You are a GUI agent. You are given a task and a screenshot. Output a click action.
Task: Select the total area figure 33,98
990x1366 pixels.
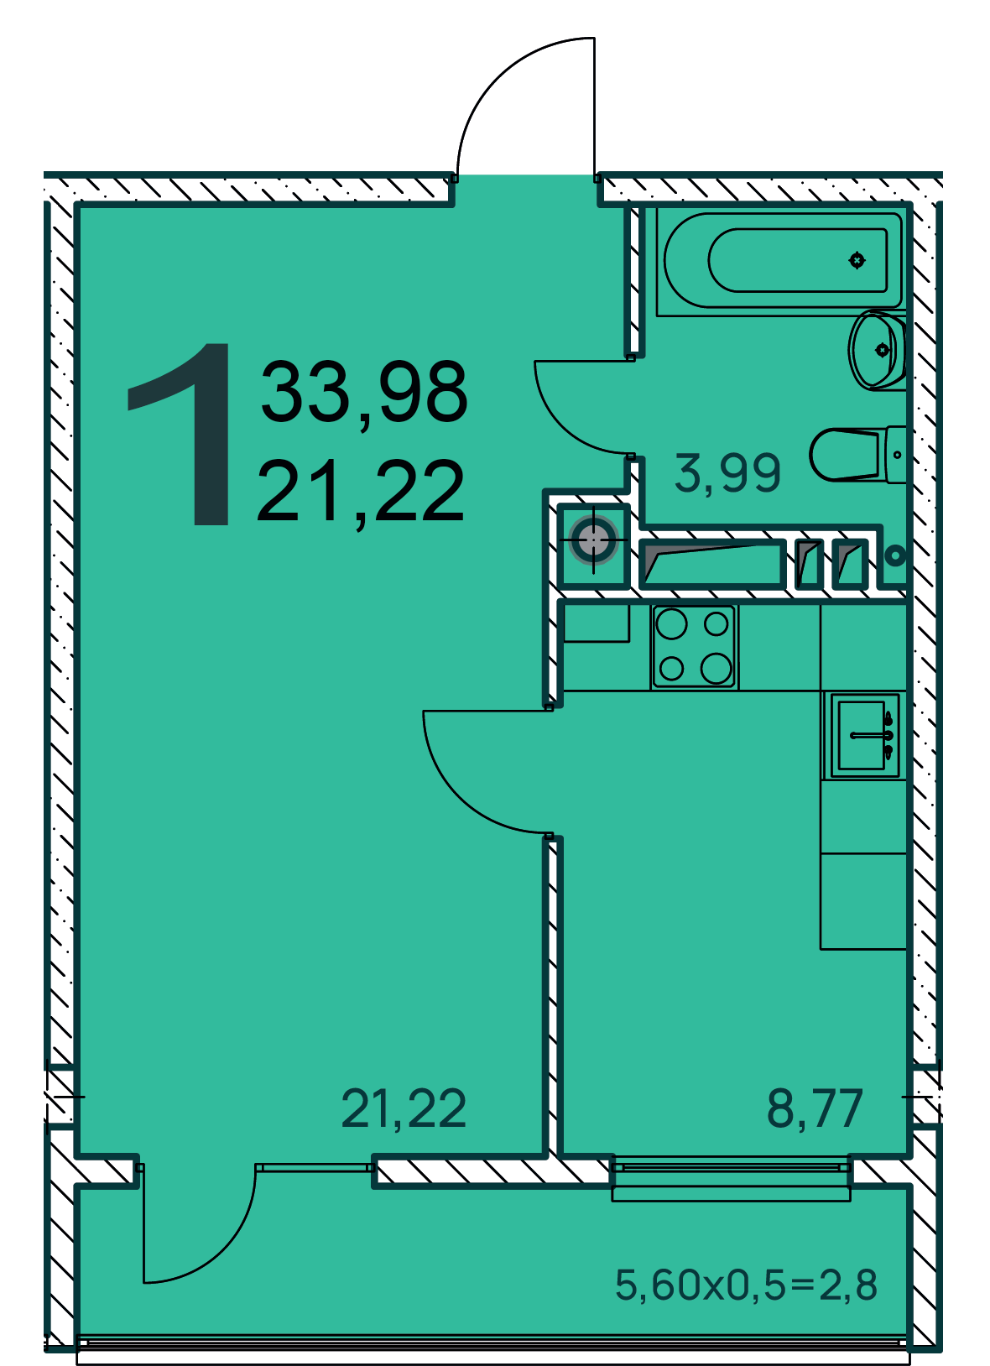click(364, 392)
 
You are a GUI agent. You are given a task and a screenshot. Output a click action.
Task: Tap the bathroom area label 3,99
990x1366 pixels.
click(727, 472)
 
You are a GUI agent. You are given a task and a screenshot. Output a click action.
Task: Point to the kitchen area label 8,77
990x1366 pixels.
click(815, 1108)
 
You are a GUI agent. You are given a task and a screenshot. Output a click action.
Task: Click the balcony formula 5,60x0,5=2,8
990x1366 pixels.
click(746, 1284)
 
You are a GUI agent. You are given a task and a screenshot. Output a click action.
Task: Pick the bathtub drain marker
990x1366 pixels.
click(857, 260)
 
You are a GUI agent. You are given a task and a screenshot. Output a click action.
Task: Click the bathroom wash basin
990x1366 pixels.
click(878, 350)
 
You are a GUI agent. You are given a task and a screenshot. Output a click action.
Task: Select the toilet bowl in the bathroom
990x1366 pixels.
click(858, 454)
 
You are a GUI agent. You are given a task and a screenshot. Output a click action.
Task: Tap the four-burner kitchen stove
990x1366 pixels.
click(694, 647)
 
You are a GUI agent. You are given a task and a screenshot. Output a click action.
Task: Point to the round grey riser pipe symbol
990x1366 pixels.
click(593, 540)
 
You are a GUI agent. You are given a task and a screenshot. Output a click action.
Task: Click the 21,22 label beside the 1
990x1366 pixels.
click(360, 492)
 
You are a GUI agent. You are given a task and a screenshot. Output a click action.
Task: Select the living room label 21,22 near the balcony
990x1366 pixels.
click(404, 1108)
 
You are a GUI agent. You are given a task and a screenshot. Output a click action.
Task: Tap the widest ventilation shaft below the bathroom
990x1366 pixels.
click(712, 564)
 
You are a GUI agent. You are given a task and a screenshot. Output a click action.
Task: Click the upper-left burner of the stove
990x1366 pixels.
click(671, 623)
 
